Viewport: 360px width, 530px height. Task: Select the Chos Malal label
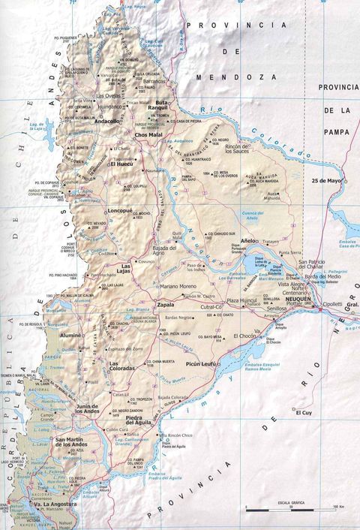point(148,135)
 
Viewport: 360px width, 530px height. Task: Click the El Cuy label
point(304,413)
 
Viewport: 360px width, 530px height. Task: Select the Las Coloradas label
point(124,366)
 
